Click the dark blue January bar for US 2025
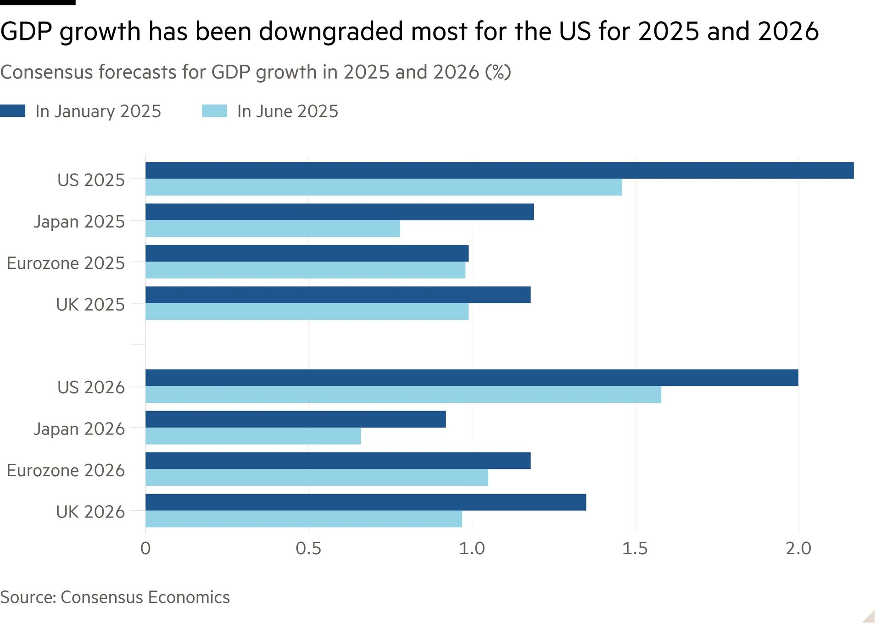pyautogui.click(x=499, y=170)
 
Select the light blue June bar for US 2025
pyautogui.click(x=384, y=187)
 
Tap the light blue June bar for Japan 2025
pyautogui.click(x=273, y=228)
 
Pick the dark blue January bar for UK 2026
pyautogui.click(x=365, y=502)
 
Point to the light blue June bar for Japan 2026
pyautogui.click(x=253, y=436)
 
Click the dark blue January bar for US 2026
pyautogui.click(x=472, y=378)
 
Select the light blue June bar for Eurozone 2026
pyautogui.click(x=317, y=477)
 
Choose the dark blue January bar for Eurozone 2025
pyautogui.click(x=307, y=253)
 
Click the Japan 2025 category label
pyautogui.click(x=79, y=222)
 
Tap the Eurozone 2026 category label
pyautogui.click(x=66, y=470)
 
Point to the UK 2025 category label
pyautogui.click(x=90, y=305)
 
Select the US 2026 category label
pyautogui.click(x=91, y=387)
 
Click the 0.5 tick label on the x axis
pyautogui.click(x=308, y=548)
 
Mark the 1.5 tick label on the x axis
pyautogui.click(x=635, y=548)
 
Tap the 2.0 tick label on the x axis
pyautogui.click(x=798, y=548)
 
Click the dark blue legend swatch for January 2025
pyautogui.click(x=12, y=111)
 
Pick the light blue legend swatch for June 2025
pyautogui.click(x=214, y=111)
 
